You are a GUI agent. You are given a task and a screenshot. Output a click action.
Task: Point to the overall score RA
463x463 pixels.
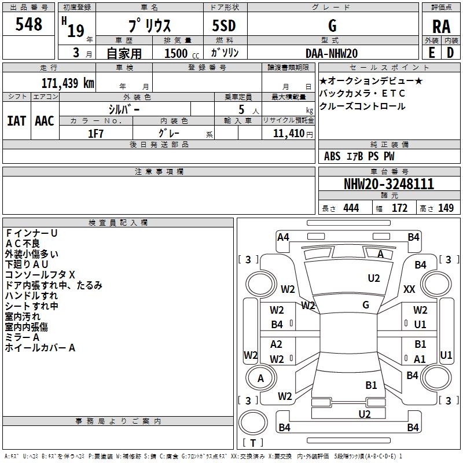(441, 26)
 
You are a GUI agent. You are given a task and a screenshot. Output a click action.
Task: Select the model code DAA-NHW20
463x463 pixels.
(332, 53)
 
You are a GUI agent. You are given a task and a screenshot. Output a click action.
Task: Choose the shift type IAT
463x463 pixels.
(16, 121)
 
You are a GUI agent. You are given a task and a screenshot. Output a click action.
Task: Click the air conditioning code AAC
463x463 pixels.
(44, 121)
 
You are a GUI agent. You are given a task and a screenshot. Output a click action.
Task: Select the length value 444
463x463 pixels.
(351, 208)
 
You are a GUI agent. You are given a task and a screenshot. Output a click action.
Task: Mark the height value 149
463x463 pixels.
(446, 208)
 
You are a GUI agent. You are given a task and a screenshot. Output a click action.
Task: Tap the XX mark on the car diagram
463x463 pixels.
(409, 289)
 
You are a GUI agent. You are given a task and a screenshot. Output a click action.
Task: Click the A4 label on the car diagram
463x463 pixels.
(283, 237)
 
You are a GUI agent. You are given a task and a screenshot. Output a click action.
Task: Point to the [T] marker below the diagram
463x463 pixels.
(252, 443)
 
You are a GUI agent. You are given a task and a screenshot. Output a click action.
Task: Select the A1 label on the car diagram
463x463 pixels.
(420, 359)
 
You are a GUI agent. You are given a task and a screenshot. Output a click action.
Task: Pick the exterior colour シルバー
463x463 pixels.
(124, 109)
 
